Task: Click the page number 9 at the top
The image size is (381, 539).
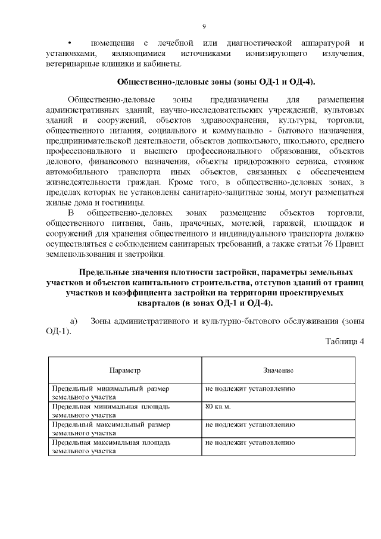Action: pos(204,26)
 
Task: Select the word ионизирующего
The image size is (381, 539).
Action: pos(277,54)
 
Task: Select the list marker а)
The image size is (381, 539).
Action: pos(74,321)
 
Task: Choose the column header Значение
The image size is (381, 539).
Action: pos(278,370)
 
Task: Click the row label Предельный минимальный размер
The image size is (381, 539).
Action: pos(110,388)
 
